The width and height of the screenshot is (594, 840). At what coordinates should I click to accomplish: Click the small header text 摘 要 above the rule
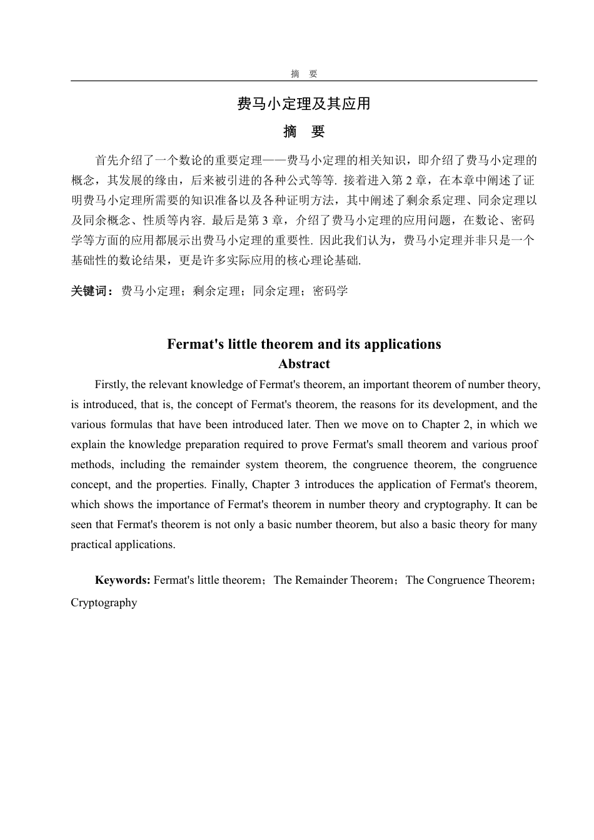tap(304, 74)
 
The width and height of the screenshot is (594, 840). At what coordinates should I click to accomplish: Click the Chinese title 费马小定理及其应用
tap(304, 103)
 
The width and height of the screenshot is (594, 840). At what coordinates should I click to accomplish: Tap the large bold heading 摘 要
tap(304, 132)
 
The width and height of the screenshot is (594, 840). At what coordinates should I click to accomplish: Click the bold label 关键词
tap(91, 291)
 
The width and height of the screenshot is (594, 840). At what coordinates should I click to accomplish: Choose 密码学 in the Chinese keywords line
tap(330, 291)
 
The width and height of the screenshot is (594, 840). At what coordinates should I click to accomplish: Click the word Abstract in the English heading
tap(304, 364)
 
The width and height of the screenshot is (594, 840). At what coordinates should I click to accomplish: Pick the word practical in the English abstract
tap(90, 544)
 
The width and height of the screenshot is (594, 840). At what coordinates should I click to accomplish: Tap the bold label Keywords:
tap(123, 580)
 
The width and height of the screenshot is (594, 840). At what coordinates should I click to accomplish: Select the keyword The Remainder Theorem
tap(333, 580)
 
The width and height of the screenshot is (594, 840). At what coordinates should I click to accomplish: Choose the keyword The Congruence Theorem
tap(467, 580)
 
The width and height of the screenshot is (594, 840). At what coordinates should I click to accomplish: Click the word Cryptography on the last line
tap(104, 602)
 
